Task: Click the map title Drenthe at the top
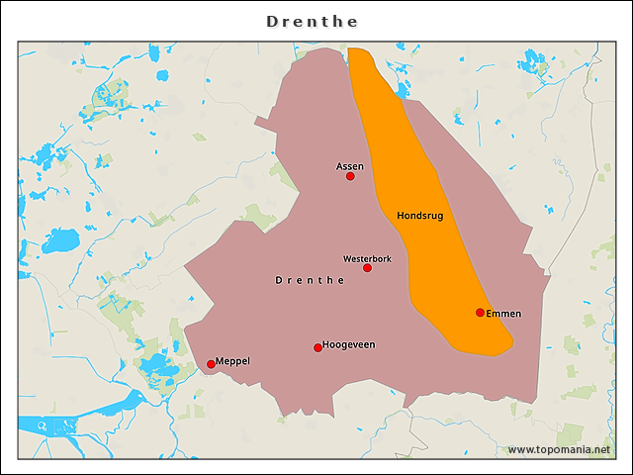(313, 21)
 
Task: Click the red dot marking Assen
(350, 176)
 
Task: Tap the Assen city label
(350, 165)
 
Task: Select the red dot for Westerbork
(367, 268)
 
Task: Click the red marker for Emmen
(480, 313)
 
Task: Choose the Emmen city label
(503, 314)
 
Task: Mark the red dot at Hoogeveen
(317, 347)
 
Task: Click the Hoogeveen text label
(349, 344)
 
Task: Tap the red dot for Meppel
(211, 364)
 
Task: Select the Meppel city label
(232, 361)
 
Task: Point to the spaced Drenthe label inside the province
(310, 281)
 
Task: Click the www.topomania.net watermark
(559, 450)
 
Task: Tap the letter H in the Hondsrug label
(400, 215)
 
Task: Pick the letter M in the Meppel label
(220, 361)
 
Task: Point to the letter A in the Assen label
(339, 165)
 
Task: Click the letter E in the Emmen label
(490, 314)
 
